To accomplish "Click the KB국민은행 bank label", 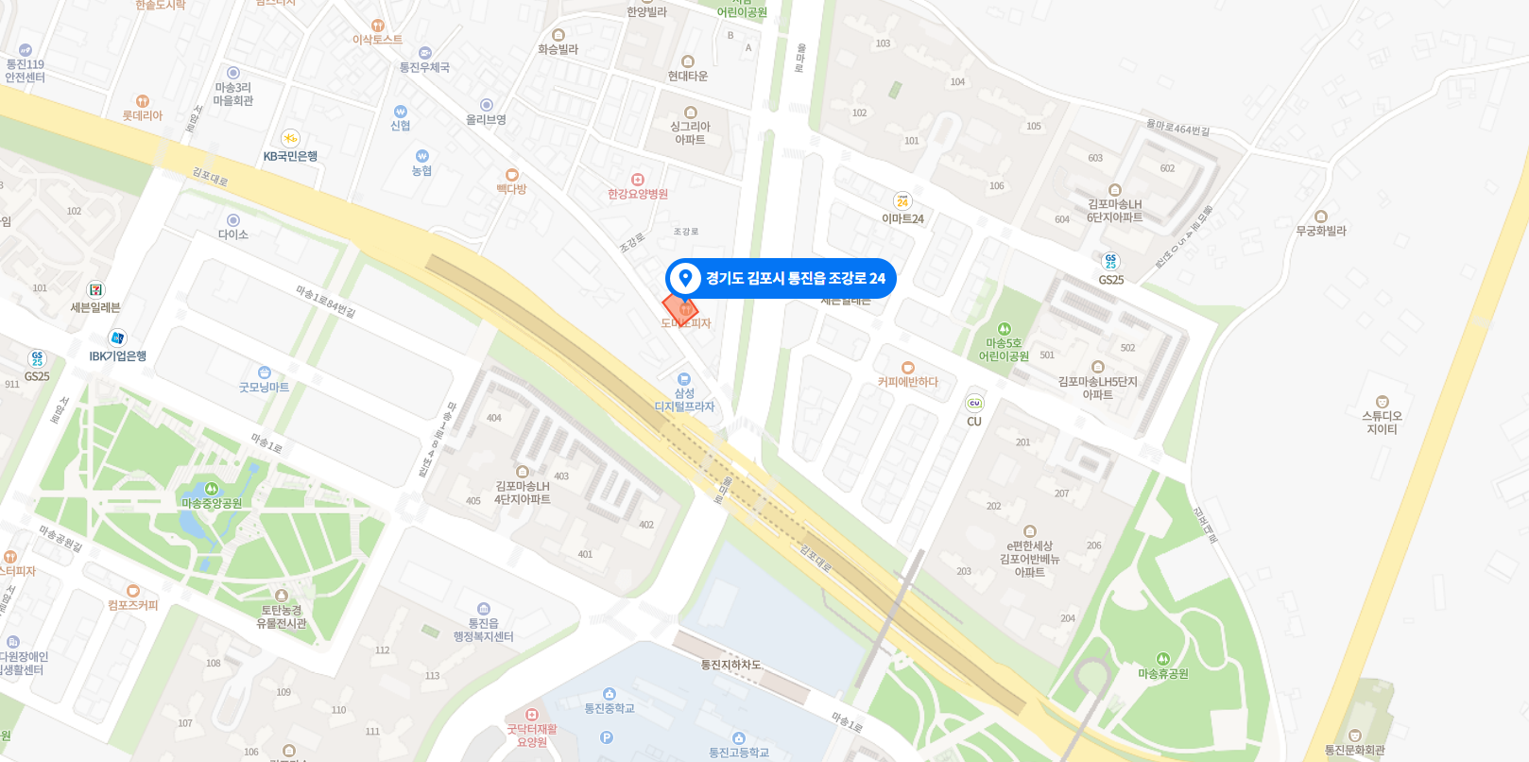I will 290,156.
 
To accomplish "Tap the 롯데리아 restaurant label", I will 143,115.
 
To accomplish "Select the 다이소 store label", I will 233,234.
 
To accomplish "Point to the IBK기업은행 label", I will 118,356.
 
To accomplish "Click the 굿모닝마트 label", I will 264,387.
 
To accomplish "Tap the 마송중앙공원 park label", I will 212,503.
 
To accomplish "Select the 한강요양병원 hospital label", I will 638,194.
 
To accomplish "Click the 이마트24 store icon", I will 902,201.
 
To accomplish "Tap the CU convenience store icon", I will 974,404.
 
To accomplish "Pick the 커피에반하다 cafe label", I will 908,382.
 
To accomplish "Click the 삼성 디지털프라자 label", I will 684,400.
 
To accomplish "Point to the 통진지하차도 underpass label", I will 730,665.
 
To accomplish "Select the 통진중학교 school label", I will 610,708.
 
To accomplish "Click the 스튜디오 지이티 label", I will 1382,422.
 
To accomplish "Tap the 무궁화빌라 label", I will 1321,231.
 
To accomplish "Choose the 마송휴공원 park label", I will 1163,673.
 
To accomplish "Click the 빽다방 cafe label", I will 511,189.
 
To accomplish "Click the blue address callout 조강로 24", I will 781,278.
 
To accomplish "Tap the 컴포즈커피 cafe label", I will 133,605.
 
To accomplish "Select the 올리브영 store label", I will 486,120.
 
